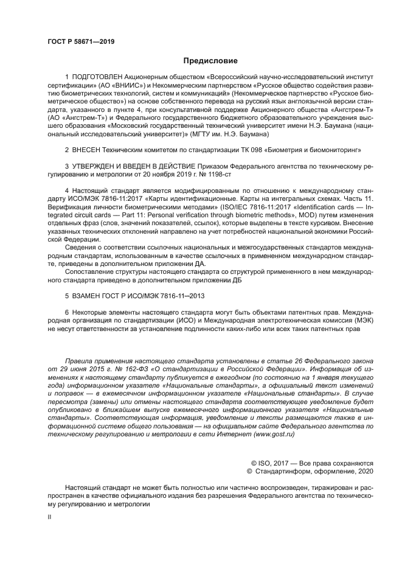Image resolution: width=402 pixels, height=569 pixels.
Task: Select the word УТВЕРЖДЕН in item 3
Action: (98, 166)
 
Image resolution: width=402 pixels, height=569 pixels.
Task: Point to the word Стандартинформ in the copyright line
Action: (285, 472)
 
